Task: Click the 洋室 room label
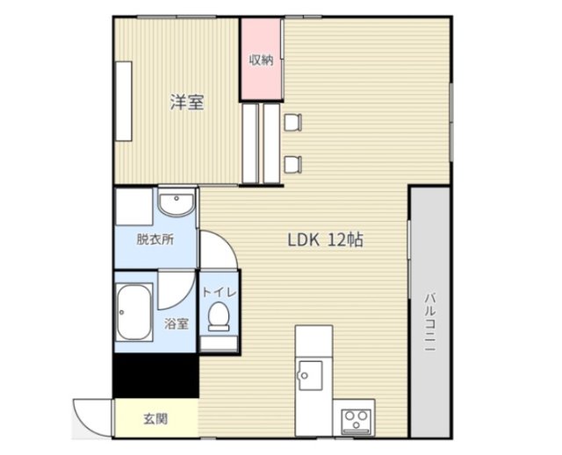187,102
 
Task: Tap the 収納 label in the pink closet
262,60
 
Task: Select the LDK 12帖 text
326,240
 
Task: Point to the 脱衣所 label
155,239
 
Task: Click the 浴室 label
177,323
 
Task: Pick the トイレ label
219,292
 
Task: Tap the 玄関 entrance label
155,418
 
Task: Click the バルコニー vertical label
430,322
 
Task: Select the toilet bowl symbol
219,316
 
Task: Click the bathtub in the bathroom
134,312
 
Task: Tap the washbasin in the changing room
177,204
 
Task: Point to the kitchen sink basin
310,375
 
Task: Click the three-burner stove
356,421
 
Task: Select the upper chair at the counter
292,123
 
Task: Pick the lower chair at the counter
292,165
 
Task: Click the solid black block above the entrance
156,375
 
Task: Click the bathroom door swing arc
184,299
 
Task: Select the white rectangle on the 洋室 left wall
124,101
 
